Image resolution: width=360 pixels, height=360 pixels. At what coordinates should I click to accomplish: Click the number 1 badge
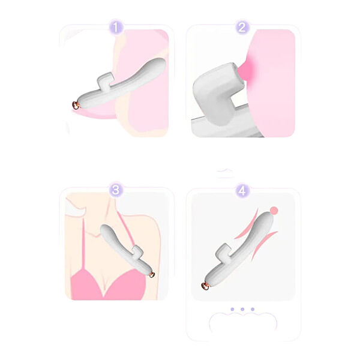coord(116,28)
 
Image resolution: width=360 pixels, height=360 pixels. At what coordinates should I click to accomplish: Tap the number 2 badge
coord(242,28)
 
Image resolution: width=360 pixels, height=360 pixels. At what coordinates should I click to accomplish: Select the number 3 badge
coord(116,190)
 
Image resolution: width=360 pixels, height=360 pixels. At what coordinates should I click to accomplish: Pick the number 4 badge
coord(242,191)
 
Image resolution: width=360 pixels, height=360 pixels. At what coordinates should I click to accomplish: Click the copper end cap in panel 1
coord(76,105)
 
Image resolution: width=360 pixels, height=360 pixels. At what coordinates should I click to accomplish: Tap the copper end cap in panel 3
coord(152,274)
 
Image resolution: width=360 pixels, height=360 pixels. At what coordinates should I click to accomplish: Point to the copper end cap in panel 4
coord(205,286)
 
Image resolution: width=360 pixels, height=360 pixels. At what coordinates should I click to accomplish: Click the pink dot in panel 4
coord(274,211)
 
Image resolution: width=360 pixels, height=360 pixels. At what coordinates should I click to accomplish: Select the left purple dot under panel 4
coord(232,309)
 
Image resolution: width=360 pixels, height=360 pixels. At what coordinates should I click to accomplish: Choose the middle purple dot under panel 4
coord(242,309)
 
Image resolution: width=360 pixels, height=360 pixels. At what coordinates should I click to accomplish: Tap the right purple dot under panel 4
coord(253,309)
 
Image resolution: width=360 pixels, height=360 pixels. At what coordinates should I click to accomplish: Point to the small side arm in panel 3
coord(139,251)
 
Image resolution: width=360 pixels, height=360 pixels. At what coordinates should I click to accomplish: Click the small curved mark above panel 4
coord(225,170)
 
